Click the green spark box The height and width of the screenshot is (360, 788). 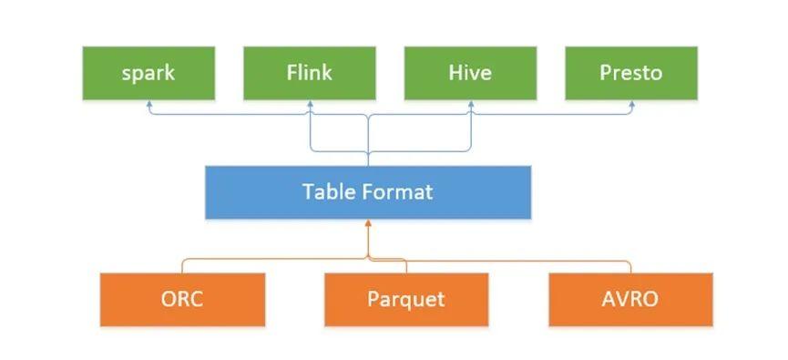[148, 73]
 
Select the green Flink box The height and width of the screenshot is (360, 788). [310, 73]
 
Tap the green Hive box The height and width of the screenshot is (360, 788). [471, 73]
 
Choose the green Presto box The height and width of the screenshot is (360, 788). [630, 73]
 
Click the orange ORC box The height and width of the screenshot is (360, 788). [183, 299]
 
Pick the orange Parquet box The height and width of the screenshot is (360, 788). [406, 299]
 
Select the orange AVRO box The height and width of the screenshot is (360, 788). [630, 299]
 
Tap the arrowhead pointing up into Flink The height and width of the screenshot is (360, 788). [310, 105]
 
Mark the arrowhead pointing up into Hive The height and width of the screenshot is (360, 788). [471, 105]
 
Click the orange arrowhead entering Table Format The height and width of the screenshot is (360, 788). [368, 224]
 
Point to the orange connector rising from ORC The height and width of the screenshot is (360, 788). [183, 265]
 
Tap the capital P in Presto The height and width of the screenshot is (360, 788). [605, 73]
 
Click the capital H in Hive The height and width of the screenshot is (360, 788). [455, 73]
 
